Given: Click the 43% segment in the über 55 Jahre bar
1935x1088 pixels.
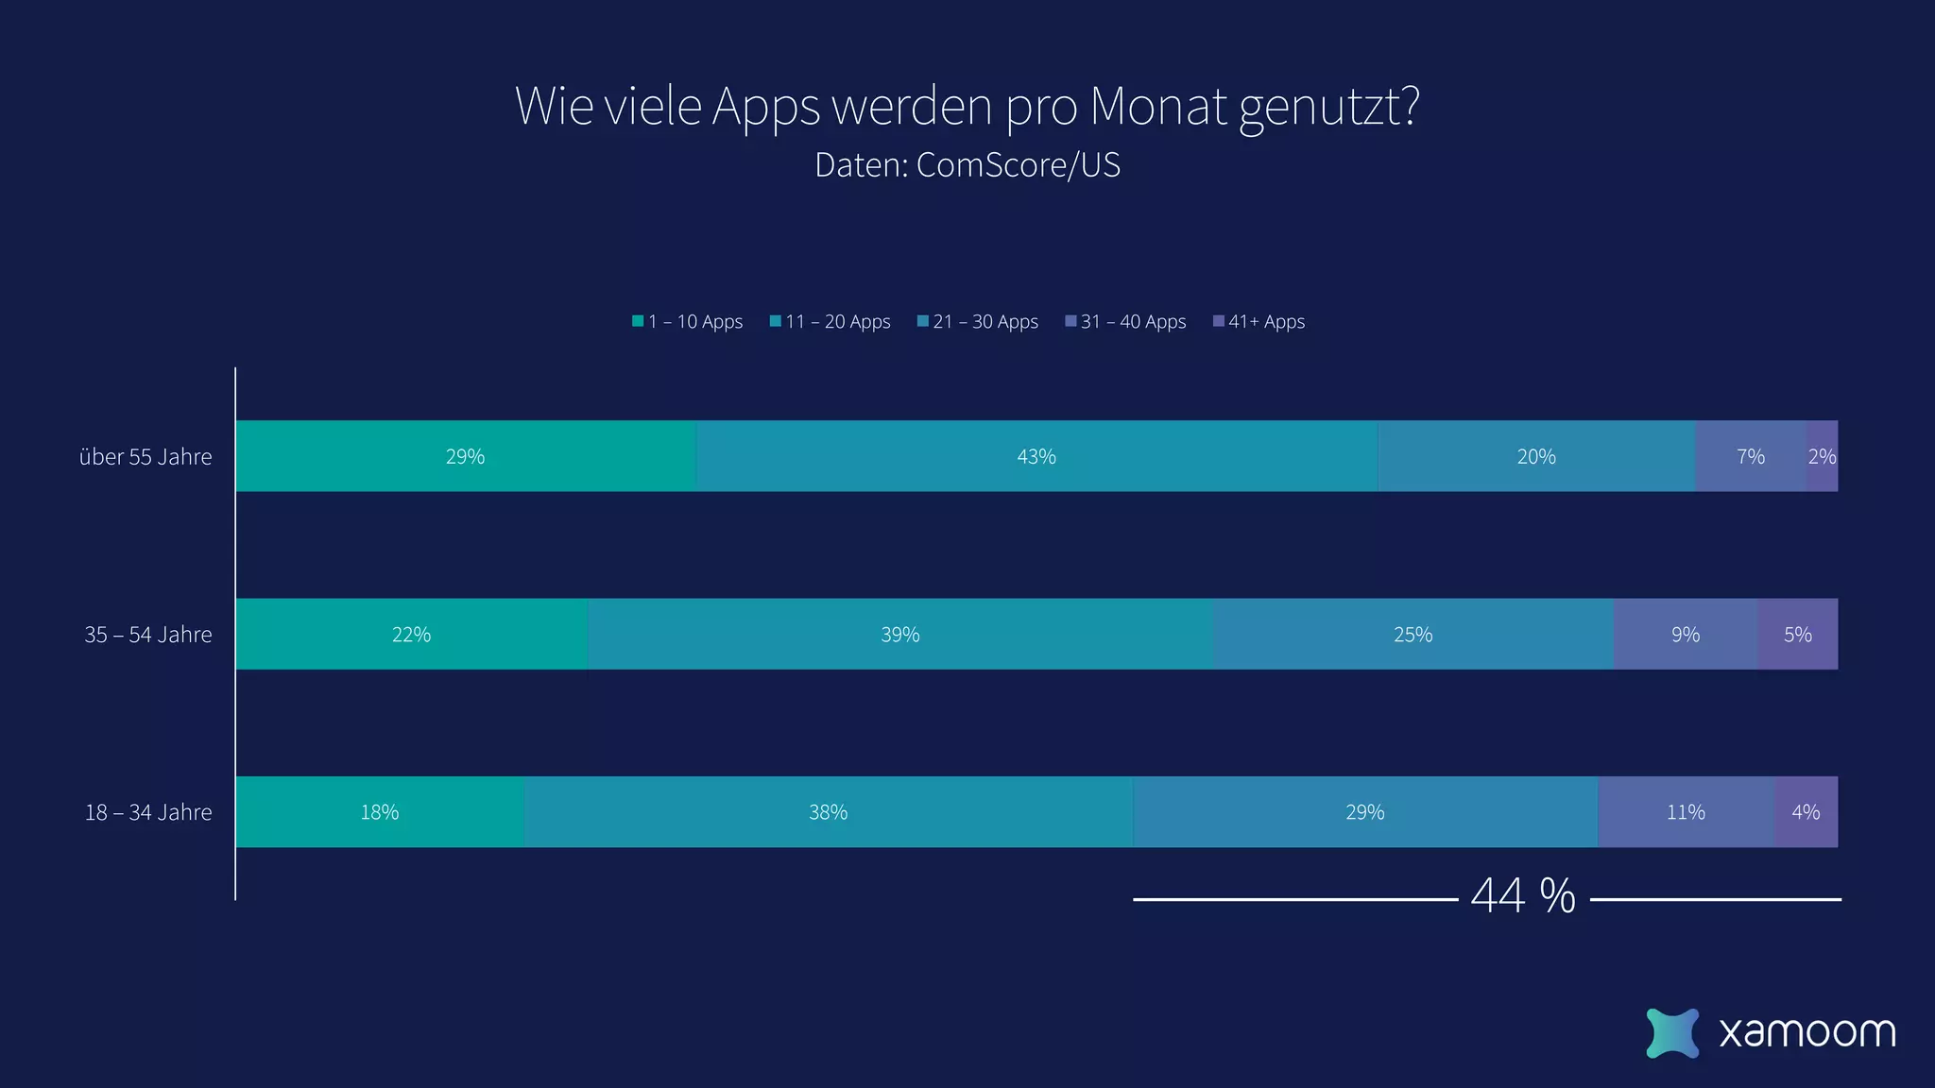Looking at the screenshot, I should point(1036,456).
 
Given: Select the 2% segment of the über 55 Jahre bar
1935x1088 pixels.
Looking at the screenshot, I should point(1822,456).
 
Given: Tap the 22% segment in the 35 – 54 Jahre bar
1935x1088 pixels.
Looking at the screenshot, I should point(411,634).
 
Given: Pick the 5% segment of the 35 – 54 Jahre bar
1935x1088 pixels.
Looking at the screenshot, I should point(1797,634).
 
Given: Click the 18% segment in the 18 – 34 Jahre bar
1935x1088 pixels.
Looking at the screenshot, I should point(380,811).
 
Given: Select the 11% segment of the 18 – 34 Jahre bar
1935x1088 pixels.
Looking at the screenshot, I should point(1686,811).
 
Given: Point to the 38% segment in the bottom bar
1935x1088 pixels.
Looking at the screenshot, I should point(828,811).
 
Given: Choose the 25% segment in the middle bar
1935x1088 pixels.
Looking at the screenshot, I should point(1413,634).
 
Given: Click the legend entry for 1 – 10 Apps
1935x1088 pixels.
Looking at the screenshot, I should point(688,322).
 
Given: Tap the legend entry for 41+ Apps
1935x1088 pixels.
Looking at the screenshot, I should point(1259,322).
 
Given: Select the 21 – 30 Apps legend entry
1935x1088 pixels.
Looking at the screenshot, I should point(978,322).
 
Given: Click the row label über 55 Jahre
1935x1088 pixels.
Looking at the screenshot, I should point(146,457).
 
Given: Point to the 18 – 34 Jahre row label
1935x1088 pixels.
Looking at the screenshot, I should point(148,812).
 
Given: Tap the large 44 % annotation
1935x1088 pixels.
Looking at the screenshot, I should point(1523,895).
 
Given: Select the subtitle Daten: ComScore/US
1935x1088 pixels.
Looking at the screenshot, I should point(967,165).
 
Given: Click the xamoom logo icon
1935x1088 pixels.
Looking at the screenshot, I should point(1671,1032).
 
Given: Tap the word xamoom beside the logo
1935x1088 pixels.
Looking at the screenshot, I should point(1807,1032).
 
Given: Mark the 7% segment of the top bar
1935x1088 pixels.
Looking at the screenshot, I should point(1750,456).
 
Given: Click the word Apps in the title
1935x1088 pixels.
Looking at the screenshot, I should point(765,106).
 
